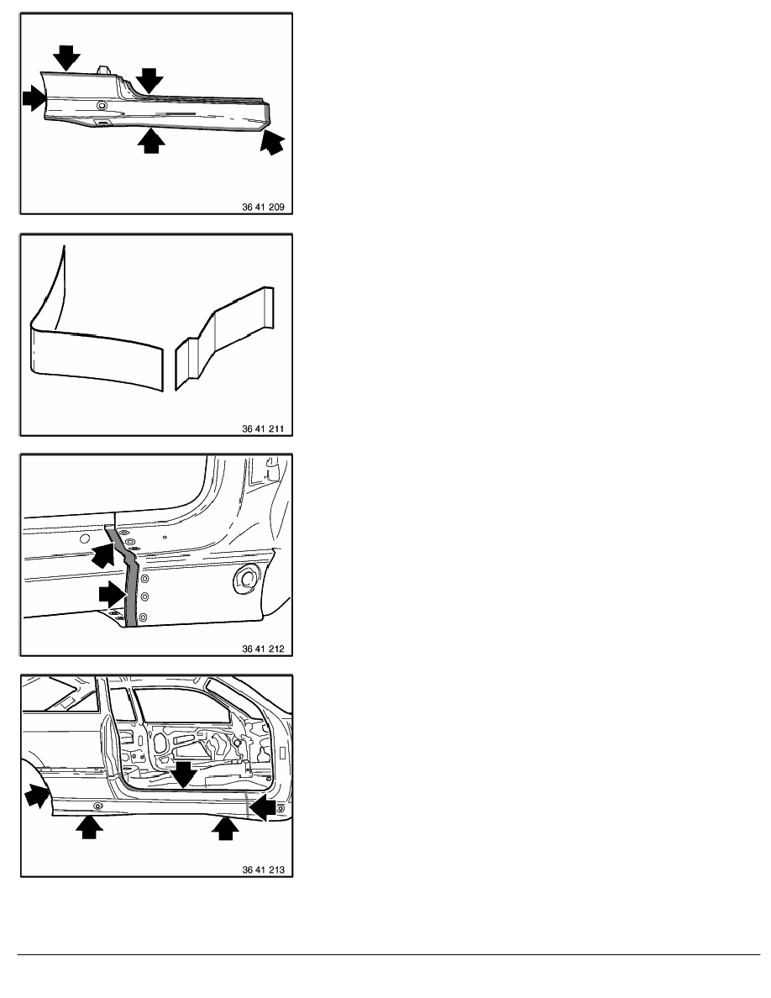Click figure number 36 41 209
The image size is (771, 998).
[x=263, y=207]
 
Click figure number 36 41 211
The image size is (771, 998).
[x=263, y=429]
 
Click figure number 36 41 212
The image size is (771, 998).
[x=263, y=649]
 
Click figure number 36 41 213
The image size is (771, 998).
[x=263, y=869]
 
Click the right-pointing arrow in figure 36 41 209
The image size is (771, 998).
[x=34, y=98]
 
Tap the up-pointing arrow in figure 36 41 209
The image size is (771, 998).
[x=151, y=140]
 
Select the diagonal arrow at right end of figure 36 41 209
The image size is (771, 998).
[x=272, y=141]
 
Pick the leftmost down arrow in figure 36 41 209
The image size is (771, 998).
[x=67, y=57]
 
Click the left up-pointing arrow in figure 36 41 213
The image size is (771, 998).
[x=89, y=826]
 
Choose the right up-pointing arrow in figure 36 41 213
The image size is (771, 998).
[x=224, y=827]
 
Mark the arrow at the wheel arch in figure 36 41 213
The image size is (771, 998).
[x=38, y=796]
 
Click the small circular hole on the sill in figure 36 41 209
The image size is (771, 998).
[x=101, y=104]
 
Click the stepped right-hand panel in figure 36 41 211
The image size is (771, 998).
[x=224, y=338]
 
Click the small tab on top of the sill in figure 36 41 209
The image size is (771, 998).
[x=102, y=69]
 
